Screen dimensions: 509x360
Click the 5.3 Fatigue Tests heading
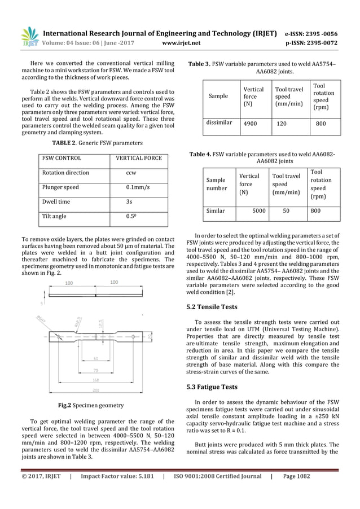[x=213, y=387]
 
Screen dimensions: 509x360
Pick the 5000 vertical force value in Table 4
[x=258, y=210]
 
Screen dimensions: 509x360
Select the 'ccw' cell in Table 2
[x=130, y=173]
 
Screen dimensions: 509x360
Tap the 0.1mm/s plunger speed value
[x=137, y=187]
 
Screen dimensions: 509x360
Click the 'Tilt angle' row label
[x=54, y=216]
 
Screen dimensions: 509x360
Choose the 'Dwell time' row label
[x=56, y=201]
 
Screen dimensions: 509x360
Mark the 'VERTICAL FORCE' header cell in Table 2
[x=138, y=158]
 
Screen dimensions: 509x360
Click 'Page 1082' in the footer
[x=296, y=492]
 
